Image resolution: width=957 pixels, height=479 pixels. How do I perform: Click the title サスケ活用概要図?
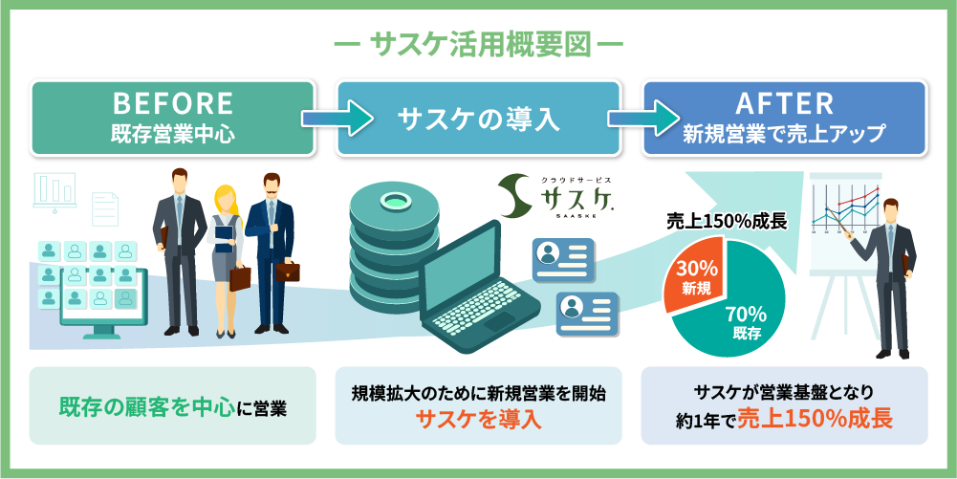tap(479, 45)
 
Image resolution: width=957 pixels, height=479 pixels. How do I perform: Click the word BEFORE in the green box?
tap(173, 103)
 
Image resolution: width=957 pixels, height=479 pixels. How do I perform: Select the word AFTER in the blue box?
tap(784, 103)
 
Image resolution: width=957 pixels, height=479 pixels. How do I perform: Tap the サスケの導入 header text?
tap(478, 119)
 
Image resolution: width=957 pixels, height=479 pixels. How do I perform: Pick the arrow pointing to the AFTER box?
tap(643, 118)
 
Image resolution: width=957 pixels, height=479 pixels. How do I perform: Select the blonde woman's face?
tap(224, 198)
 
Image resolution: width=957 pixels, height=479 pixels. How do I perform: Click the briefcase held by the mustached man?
tap(287, 271)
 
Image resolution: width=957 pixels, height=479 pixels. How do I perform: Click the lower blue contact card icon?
tap(587, 313)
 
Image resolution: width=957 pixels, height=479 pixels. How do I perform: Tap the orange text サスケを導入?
tap(478, 420)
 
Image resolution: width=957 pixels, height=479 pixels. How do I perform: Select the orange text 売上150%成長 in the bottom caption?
tap(816, 420)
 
